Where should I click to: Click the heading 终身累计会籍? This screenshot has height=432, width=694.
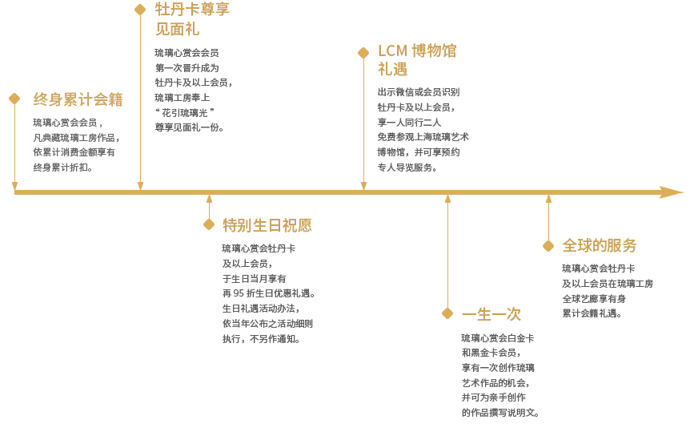78,99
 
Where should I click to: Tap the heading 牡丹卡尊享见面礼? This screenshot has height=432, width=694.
193,19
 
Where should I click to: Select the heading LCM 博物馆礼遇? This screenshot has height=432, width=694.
417,60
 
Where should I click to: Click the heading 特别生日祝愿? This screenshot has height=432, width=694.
267,225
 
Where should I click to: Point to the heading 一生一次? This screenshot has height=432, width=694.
491,314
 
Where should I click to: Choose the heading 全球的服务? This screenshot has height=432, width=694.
600,245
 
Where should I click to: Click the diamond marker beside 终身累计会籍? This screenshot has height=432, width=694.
14,99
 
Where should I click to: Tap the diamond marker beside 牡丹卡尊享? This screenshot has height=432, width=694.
140,10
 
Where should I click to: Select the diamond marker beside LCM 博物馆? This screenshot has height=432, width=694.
363,53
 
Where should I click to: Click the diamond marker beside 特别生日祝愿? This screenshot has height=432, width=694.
209,224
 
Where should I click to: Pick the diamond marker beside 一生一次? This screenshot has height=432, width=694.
447,313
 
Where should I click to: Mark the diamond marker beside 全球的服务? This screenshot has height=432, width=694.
548,246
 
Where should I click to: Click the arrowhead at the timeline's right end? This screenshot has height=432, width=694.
672,192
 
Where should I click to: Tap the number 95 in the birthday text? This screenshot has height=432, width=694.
239,293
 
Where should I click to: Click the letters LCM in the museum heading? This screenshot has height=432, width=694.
392,51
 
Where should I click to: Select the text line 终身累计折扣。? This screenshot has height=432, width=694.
63,168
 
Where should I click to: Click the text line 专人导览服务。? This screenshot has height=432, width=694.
407,168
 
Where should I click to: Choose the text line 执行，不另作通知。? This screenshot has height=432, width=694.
262,339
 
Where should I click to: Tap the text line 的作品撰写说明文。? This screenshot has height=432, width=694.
500,413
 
